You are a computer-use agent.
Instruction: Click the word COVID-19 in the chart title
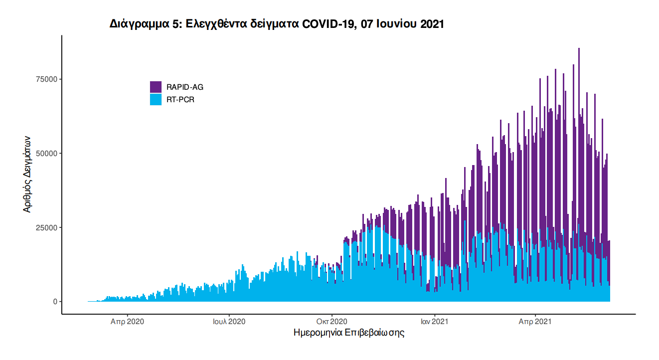[x=327, y=24]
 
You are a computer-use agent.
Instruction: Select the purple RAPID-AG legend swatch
[x=156, y=87]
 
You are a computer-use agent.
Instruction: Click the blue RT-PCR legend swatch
[x=156, y=100]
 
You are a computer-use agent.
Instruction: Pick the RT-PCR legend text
[x=180, y=100]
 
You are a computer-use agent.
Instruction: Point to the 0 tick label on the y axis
[x=55, y=302]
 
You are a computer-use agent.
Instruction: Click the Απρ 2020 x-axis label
[x=127, y=322]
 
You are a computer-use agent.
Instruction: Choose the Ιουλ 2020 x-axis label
[x=229, y=322]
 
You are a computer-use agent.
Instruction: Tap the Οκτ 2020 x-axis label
[x=331, y=322]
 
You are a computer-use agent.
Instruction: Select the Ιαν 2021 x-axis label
[x=435, y=322]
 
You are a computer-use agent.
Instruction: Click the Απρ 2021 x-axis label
[x=535, y=322]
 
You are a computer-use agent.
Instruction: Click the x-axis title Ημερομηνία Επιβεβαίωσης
[x=349, y=333]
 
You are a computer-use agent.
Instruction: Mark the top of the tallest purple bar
[x=579, y=49]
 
